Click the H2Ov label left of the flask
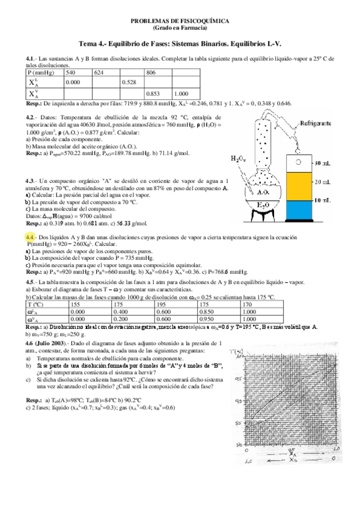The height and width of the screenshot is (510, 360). coord(239,159)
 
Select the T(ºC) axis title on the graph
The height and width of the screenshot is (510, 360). coord(239,351)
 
